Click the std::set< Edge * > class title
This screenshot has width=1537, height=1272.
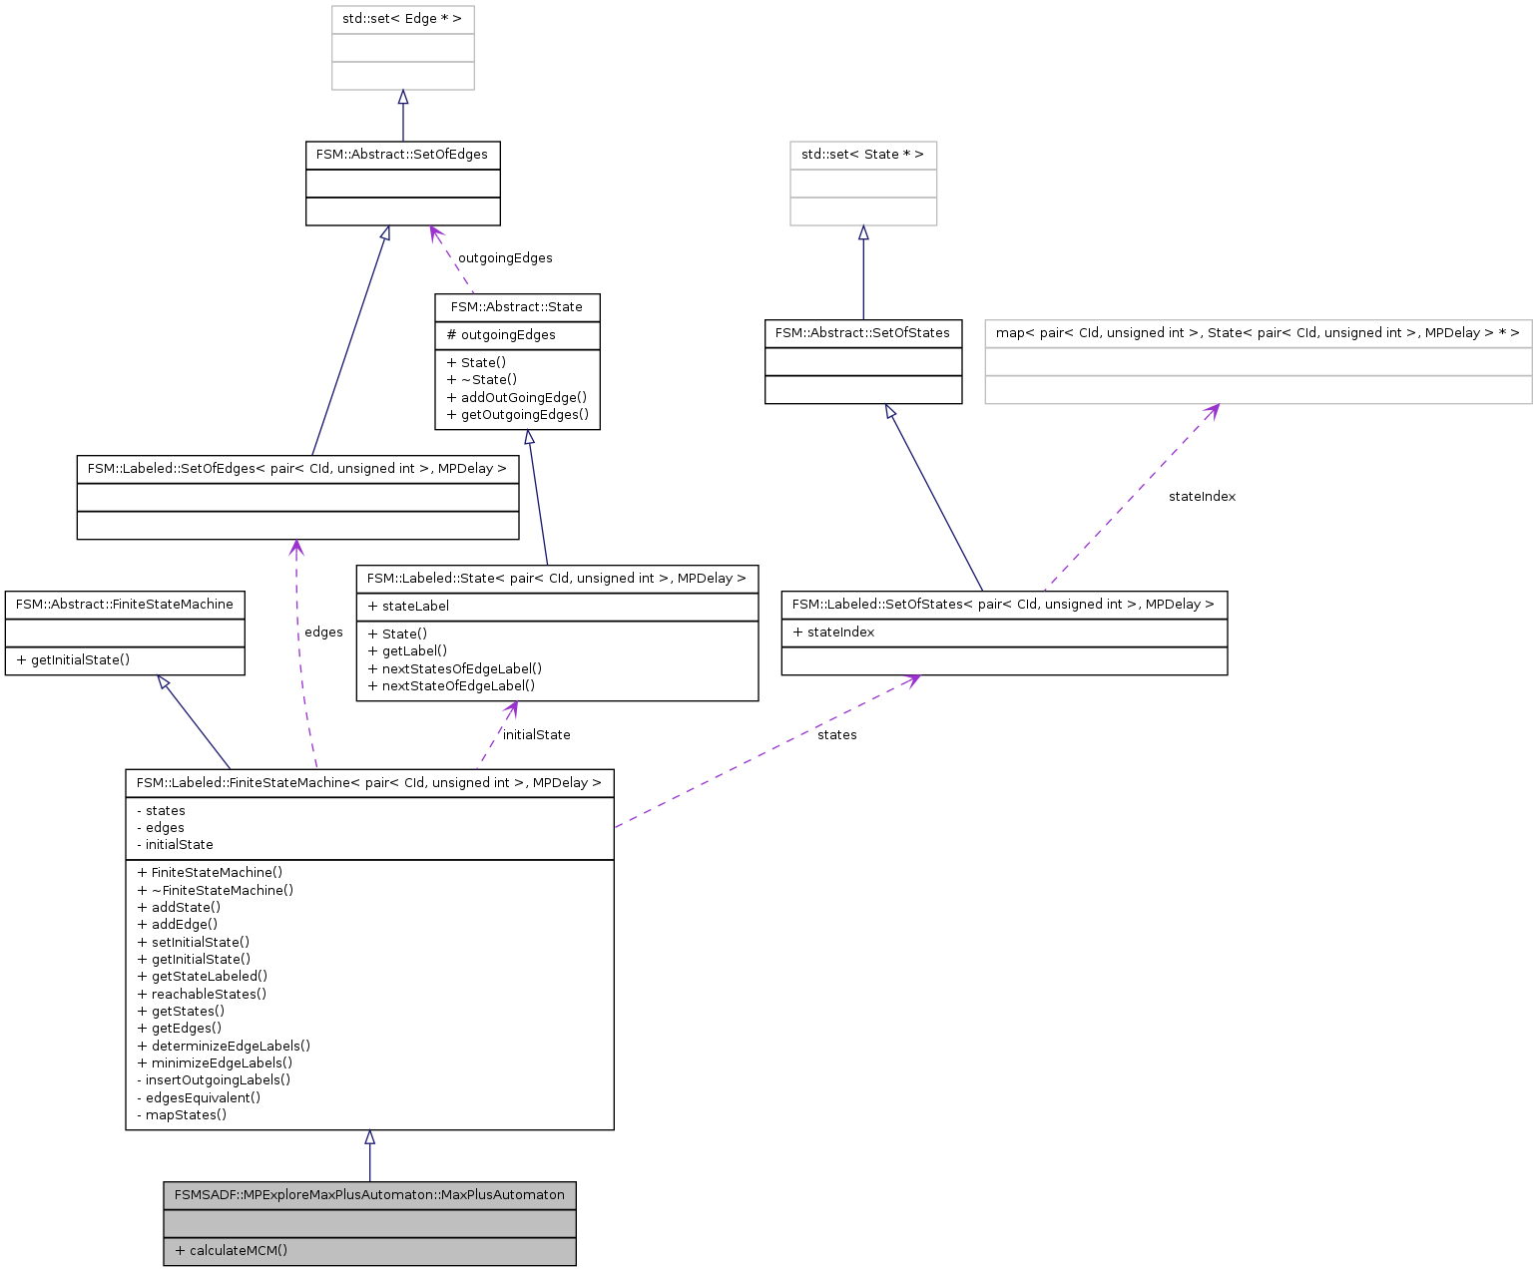[402, 19]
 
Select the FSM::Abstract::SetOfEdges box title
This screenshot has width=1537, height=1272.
[402, 155]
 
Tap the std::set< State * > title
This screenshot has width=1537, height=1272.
[862, 155]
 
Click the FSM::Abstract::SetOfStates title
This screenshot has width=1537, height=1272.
[862, 333]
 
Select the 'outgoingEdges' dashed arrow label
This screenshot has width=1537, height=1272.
[505, 258]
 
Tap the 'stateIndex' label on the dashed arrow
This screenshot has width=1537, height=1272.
[1202, 497]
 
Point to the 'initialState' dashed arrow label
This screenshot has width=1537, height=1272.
[537, 735]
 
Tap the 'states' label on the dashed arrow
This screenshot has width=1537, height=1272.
[836, 735]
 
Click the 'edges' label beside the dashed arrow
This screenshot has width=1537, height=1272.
[323, 633]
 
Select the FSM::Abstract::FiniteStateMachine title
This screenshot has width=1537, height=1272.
[125, 605]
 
